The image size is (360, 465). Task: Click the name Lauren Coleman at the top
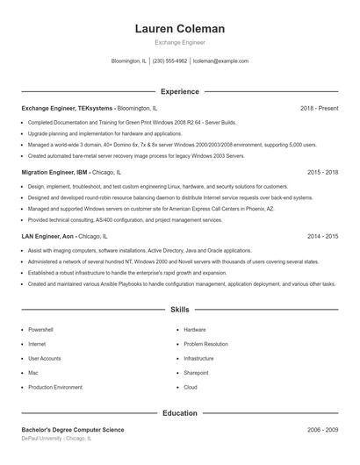179,28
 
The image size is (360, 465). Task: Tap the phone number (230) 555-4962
170,61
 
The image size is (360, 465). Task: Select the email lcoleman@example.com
220,61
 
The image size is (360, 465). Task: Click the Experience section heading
179,91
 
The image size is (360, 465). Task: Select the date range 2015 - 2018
323,173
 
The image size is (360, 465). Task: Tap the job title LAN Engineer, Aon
47,237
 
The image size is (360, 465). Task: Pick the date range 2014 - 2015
323,237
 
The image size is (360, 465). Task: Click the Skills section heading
179,310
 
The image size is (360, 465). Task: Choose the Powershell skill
41,330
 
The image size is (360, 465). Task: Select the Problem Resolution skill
205,344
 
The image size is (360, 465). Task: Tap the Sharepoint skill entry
196,373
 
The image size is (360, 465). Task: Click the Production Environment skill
55,387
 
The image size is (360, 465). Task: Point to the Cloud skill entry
191,387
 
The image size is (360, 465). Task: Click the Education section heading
179,412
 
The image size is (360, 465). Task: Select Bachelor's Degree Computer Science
73,430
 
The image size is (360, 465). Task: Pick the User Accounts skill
45,358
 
